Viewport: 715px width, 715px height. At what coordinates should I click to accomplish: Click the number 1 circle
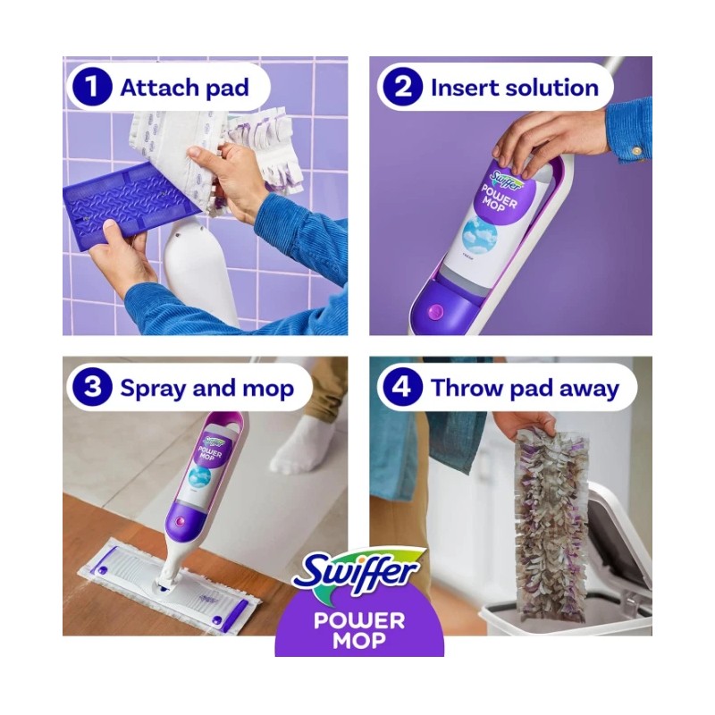click(x=93, y=88)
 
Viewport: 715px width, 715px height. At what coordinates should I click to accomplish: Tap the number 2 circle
click(x=401, y=88)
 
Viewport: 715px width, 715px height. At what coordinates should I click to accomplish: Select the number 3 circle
click(x=93, y=388)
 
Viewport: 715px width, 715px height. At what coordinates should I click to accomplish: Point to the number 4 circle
click(x=401, y=388)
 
